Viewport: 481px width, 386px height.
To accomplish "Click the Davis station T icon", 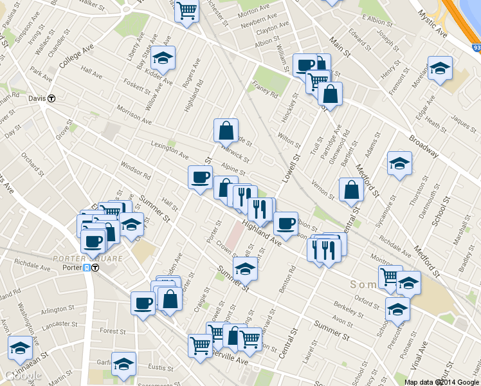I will coord(52,98).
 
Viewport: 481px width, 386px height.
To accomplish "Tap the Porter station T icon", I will coord(95,268).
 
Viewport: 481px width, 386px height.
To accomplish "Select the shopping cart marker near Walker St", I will coord(186,10).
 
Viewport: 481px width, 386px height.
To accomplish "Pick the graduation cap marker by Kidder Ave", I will coord(163,59).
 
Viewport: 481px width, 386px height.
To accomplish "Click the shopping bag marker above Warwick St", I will coord(226,131).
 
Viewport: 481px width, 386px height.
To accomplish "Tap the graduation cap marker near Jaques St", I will coord(440,68).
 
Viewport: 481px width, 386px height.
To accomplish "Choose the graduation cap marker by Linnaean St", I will coord(20,348).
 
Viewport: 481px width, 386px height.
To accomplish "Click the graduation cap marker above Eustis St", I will coord(123,363).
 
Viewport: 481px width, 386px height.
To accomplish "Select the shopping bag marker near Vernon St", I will coord(351,190).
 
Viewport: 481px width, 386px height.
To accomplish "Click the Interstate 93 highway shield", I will coord(475,47).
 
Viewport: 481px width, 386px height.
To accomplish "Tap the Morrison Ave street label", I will coord(134,116).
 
